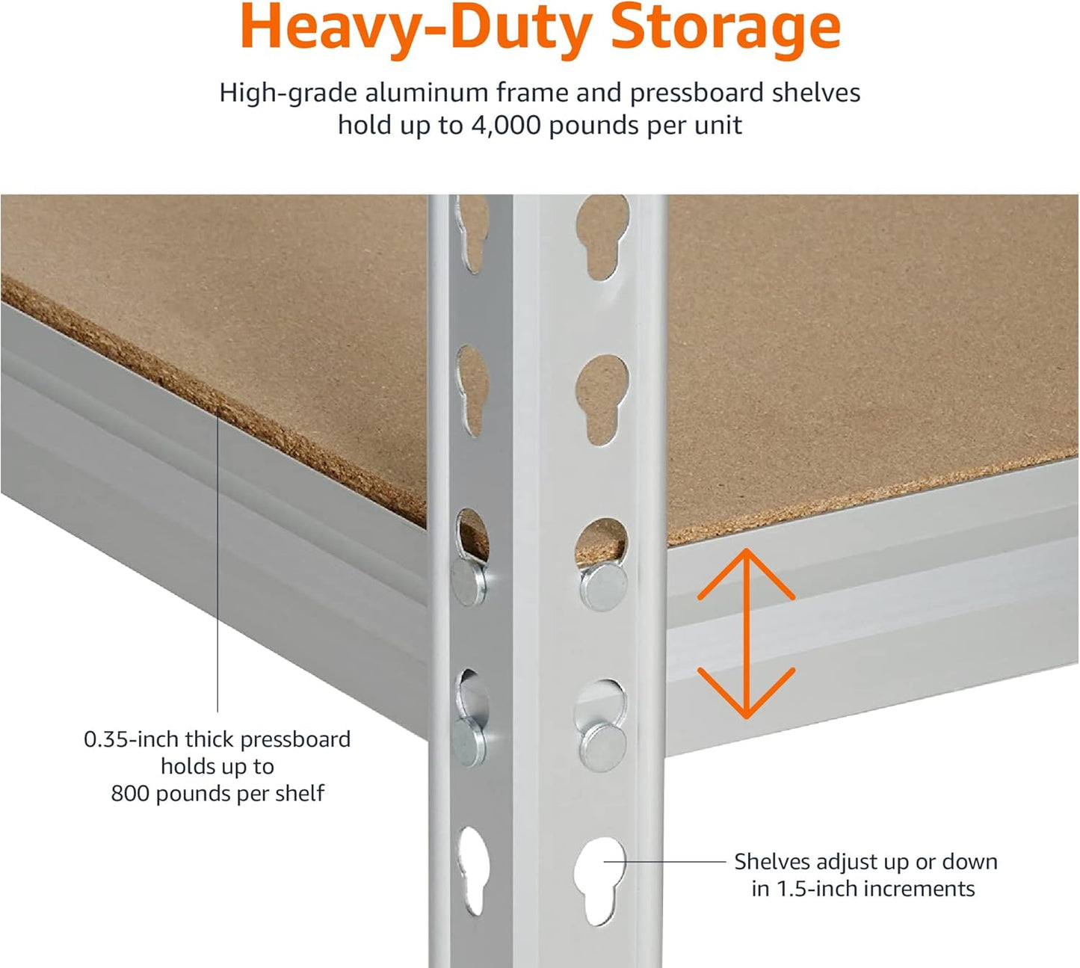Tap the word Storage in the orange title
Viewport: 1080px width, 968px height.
[725, 28]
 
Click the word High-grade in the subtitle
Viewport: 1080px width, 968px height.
[288, 93]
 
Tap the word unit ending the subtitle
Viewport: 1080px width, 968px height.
[718, 125]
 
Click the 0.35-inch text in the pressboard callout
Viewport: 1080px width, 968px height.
[131, 739]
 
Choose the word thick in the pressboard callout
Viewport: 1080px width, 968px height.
[210, 739]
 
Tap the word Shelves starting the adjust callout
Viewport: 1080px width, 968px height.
[772, 862]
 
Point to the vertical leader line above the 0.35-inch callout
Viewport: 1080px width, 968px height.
[217, 561]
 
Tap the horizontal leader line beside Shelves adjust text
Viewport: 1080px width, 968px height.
[665, 862]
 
